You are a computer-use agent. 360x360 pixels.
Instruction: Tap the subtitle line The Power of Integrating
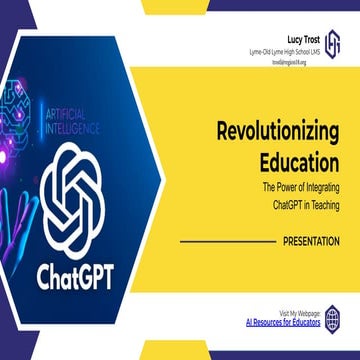[x=300, y=187]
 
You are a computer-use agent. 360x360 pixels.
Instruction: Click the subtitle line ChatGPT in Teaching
[x=305, y=204]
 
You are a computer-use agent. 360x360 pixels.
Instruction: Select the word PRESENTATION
[x=311, y=241]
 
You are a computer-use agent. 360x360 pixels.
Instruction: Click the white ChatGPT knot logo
[x=85, y=193]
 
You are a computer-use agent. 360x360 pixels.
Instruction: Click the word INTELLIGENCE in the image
[x=82, y=129]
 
